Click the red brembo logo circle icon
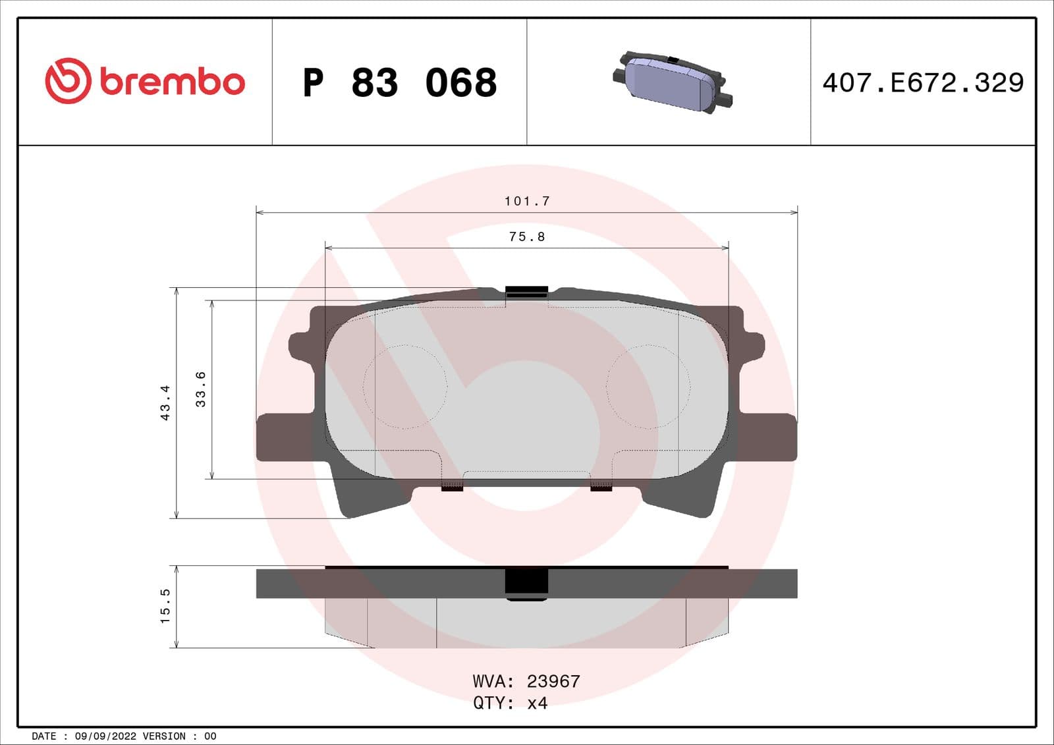point(67,80)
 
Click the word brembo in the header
point(173,82)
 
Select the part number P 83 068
point(399,83)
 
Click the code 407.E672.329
point(923,83)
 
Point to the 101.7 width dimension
point(527,201)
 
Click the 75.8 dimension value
point(527,236)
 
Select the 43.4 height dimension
point(165,402)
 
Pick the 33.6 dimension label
point(200,389)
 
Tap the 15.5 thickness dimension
point(165,606)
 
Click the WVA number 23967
point(553,681)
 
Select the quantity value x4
point(538,703)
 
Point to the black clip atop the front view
point(526,292)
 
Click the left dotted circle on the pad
point(405,387)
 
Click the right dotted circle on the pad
point(648,387)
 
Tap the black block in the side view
point(526,583)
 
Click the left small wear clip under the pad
point(452,487)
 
